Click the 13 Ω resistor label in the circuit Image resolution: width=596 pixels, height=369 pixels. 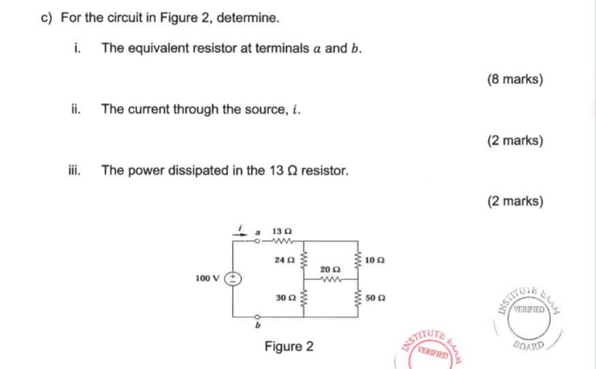point(282,231)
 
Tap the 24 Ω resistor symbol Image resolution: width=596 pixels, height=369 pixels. point(304,260)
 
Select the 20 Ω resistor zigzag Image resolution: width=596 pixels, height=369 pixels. point(330,279)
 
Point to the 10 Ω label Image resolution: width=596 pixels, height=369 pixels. point(375,260)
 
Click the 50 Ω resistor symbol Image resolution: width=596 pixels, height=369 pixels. point(358,298)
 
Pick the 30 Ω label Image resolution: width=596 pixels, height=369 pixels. point(286,298)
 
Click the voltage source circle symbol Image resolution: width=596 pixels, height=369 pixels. point(233,279)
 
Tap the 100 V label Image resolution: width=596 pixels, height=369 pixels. point(208,278)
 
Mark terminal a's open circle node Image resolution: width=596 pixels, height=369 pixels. point(257,241)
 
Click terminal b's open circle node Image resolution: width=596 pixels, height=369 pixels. point(257,317)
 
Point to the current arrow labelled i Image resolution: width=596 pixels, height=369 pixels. point(240,234)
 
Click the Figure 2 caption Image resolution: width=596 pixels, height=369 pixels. point(289,347)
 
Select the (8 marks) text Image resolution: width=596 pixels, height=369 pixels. point(515,79)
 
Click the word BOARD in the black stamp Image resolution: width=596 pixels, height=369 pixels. point(529,345)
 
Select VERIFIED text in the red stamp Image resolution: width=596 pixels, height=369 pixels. point(433,352)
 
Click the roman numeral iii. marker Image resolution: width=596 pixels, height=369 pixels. point(74,170)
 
